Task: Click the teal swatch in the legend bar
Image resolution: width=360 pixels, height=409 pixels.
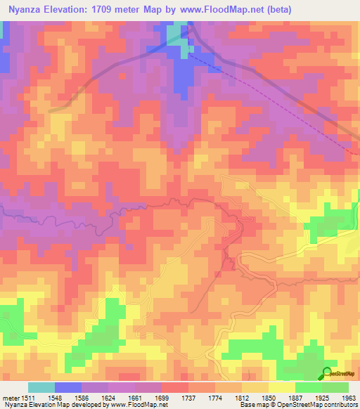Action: click(x=41, y=388)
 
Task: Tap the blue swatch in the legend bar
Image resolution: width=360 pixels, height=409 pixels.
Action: click(x=68, y=388)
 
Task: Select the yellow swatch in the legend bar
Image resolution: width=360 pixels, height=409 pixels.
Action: click(x=282, y=388)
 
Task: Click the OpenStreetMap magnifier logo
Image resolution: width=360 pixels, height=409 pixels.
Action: click(x=326, y=374)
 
